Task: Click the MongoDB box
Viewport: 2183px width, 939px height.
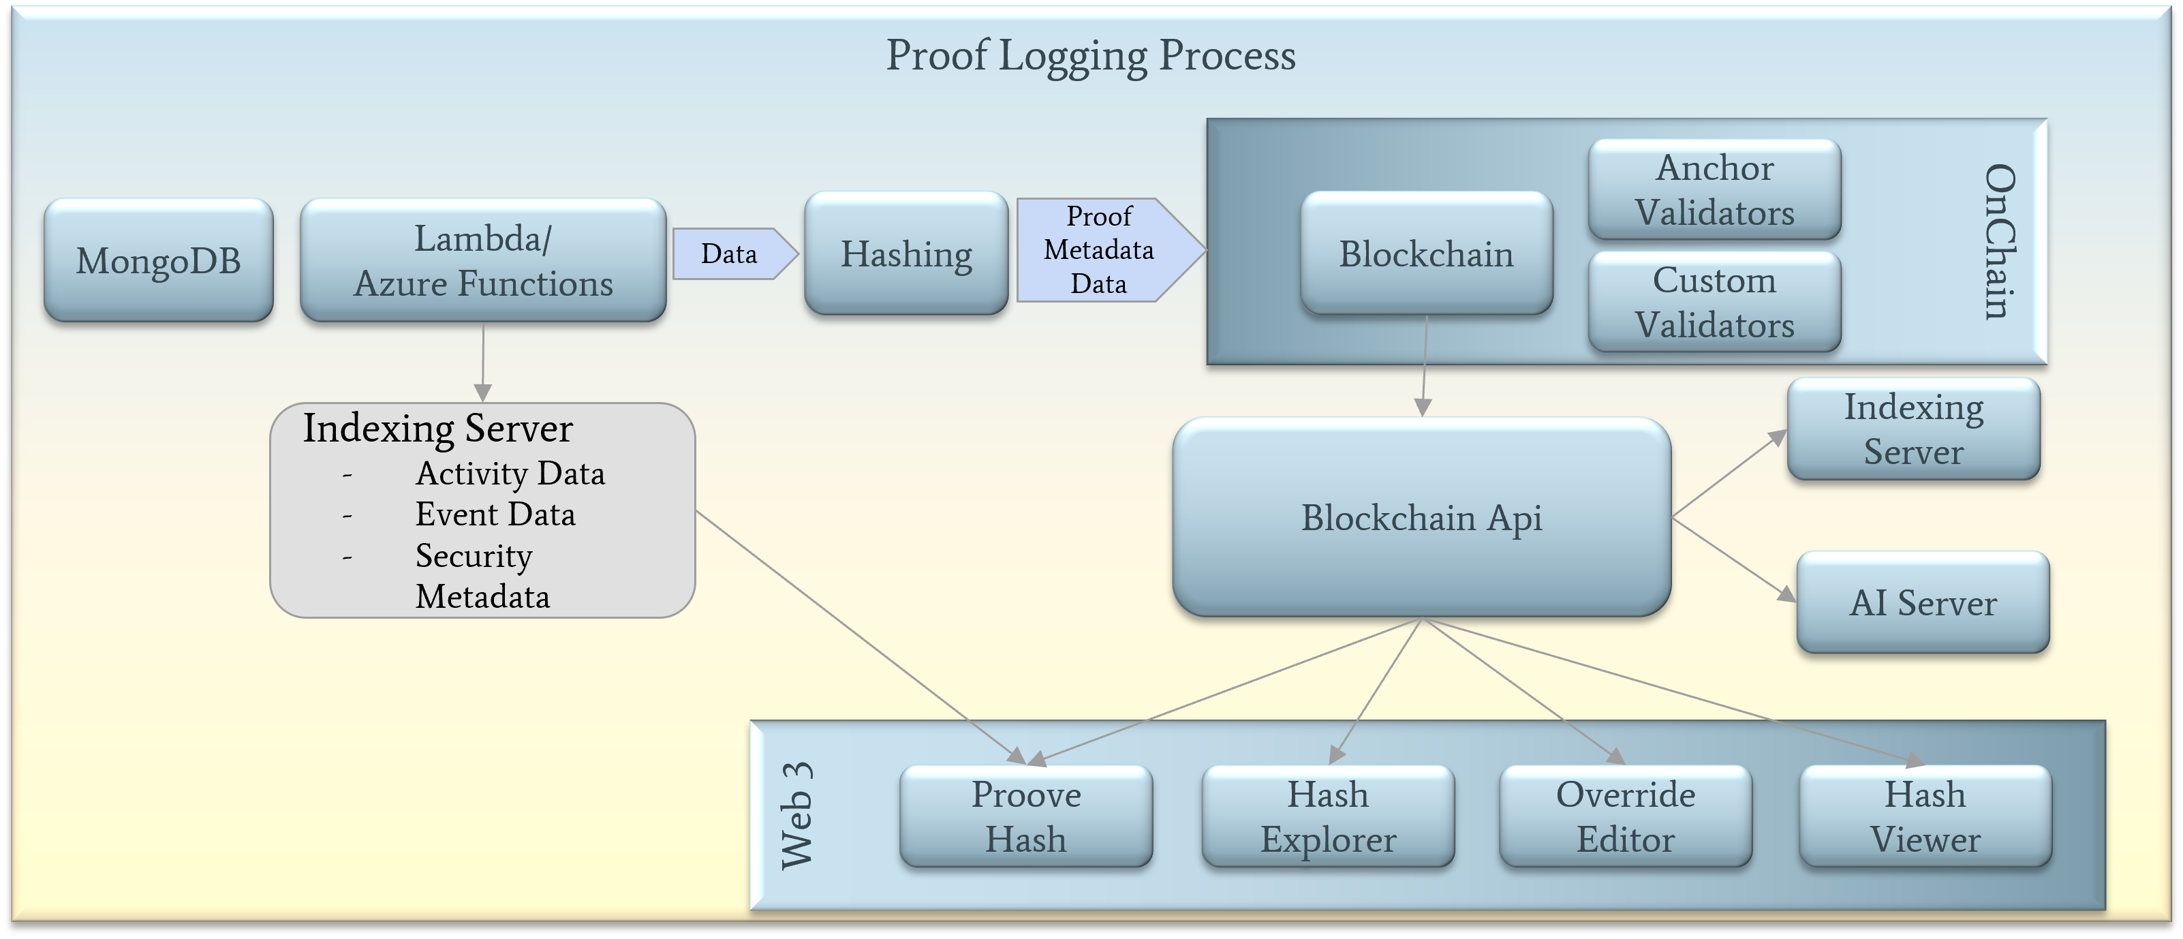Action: click(159, 260)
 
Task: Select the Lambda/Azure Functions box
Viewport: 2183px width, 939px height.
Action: click(483, 260)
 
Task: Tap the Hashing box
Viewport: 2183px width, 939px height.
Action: click(906, 253)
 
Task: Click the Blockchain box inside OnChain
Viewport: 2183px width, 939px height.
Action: click(1426, 253)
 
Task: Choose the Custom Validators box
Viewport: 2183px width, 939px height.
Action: click(1714, 302)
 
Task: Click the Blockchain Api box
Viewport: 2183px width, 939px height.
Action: click(1421, 517)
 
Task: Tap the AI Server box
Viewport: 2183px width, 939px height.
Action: click(1923, 602)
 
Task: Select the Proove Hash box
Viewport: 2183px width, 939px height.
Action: click(1025, 816)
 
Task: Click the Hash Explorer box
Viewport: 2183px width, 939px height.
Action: click(1328, 816)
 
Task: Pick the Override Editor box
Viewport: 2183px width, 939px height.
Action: click(1626, 816)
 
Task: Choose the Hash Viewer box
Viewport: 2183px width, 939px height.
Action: click(1925, 816)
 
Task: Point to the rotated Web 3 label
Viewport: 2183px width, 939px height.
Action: click(796, 815)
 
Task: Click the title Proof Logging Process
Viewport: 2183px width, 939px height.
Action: click(1091, 56)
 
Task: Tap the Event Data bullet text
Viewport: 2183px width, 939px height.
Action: click(495, 514)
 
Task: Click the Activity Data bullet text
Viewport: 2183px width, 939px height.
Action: click(510, 474)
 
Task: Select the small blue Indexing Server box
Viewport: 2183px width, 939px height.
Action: click(1913, 429)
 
